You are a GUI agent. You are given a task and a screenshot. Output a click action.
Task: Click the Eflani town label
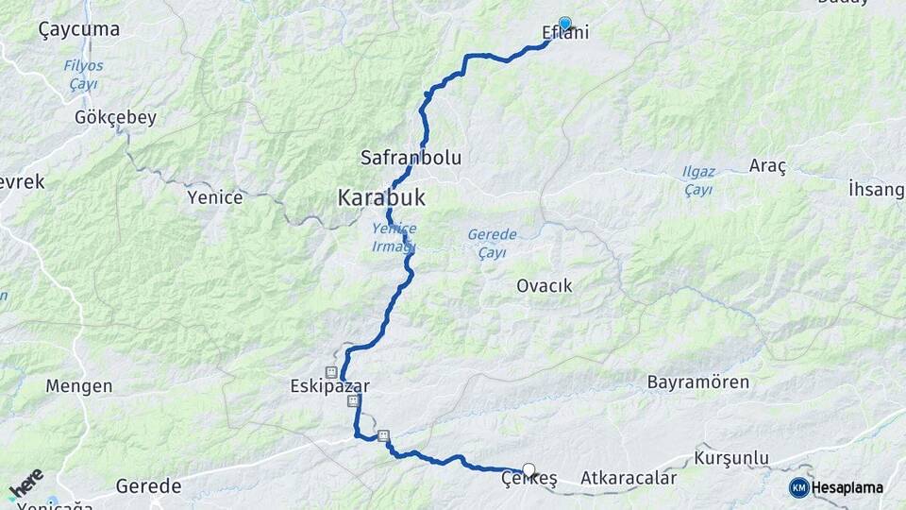566,35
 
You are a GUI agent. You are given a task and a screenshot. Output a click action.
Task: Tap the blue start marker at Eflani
565,24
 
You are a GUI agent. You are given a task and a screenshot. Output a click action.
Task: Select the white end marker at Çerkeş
528,469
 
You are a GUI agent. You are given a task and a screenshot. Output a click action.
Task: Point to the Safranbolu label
411,158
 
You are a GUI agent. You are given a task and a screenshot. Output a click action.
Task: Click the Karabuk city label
381,198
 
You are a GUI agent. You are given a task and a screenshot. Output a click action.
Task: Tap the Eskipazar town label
329,386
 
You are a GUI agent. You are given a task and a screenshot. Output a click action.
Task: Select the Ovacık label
545,285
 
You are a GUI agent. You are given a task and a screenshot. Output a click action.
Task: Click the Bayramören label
698,382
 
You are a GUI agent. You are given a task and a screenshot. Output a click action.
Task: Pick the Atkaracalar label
629,479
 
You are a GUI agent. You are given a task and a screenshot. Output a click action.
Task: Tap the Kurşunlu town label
731,458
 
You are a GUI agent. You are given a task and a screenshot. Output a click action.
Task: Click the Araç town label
767,166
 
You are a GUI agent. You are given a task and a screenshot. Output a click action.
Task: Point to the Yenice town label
215,197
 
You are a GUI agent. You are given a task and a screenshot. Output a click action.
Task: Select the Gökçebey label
115,119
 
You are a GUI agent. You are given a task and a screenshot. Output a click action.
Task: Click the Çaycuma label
79,29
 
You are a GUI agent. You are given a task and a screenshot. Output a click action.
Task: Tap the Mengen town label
79,386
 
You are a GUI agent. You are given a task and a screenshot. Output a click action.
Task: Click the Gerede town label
148,486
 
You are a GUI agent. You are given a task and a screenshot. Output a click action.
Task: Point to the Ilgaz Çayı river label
698,180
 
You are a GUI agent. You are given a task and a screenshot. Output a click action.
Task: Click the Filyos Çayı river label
83,75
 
